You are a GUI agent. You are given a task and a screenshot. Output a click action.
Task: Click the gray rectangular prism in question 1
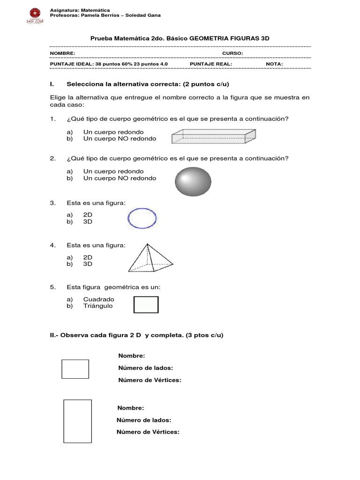coord(214,136)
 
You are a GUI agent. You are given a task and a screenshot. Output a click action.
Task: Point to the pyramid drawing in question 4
coord(150,258)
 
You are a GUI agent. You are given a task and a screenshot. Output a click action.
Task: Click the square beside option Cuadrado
coord(146,305)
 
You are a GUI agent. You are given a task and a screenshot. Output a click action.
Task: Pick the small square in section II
coord(75,369)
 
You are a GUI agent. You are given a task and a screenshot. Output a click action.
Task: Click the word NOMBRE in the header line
coord(62,53)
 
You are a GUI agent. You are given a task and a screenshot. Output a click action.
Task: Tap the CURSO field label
coord(232,53)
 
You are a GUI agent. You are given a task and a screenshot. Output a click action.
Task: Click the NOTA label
coord(274,63)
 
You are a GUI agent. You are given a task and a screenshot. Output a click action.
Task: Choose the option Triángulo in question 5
coord(98,306)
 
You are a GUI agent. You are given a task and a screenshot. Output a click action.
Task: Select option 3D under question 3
coord(88,222)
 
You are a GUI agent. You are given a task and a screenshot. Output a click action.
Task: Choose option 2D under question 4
coord(88,257)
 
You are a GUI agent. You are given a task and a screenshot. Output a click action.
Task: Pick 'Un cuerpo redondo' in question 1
coord(113,132)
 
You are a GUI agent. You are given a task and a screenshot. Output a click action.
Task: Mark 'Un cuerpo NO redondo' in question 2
coord(120,178)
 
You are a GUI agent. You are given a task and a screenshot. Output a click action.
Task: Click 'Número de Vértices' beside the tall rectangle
coord(148,432)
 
